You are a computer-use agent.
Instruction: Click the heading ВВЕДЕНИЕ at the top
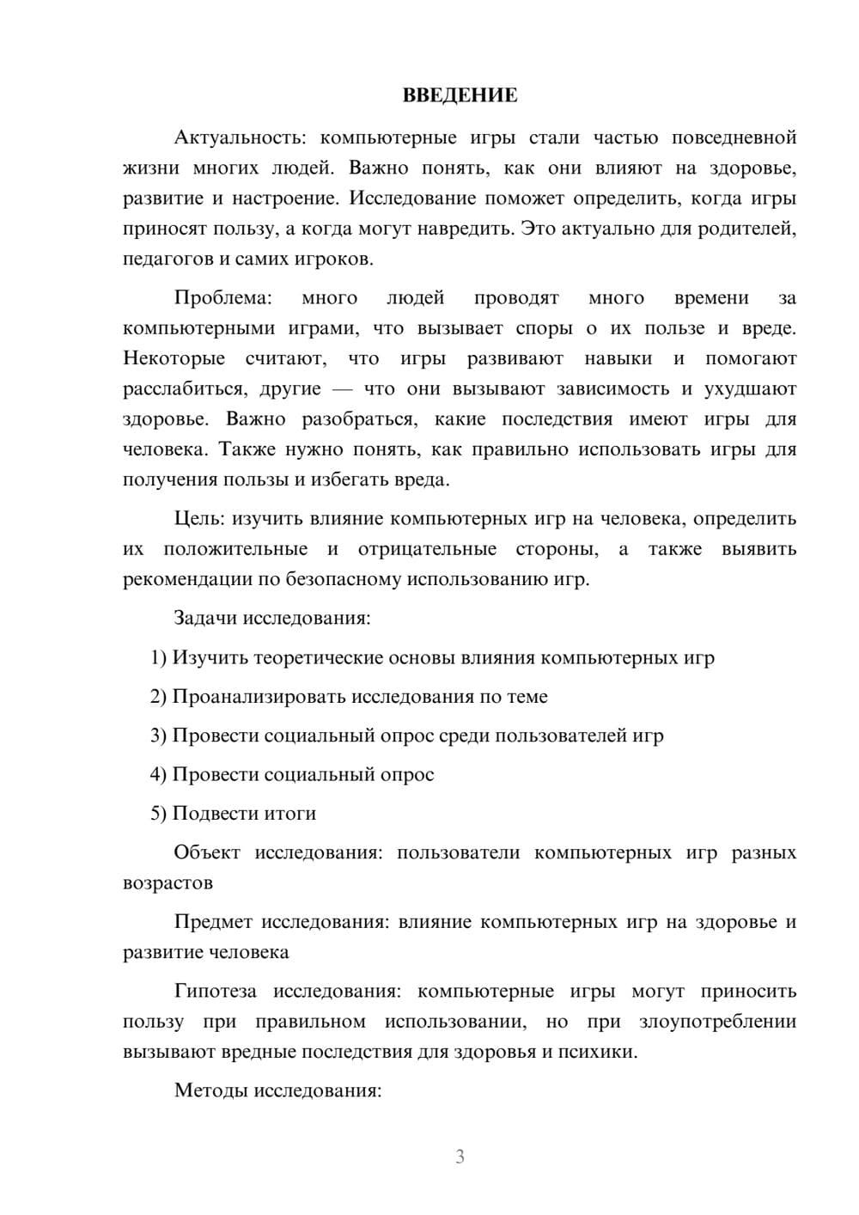[460, 95]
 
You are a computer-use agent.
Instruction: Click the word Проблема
[222, 298]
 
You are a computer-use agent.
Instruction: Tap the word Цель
[198, 519]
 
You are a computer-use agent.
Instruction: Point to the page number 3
[460, 1157]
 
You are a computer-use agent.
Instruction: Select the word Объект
[207, 852]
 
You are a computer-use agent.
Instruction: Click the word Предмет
[213, 922]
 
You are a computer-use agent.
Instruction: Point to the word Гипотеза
[215, 992]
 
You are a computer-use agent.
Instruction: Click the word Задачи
[205, 619]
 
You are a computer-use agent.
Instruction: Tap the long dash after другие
[341, 389]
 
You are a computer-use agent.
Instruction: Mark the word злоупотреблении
[717, 1022]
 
